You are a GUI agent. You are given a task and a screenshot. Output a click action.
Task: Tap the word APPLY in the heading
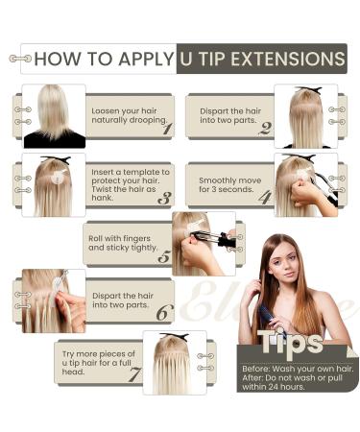146,59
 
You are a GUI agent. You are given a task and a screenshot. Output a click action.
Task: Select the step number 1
167,129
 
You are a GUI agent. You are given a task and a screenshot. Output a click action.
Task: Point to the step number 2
266,129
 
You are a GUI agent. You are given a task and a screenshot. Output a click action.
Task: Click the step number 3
164,199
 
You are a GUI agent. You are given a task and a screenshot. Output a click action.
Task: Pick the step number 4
265,197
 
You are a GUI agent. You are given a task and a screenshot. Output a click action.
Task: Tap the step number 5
164,257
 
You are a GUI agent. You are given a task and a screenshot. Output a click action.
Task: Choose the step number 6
164,313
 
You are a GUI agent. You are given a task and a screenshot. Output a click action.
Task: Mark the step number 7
134,374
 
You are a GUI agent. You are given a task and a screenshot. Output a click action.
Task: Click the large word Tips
290,342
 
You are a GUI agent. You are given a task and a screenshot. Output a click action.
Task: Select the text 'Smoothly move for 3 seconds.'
229,185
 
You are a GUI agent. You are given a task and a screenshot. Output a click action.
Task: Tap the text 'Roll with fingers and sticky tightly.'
123,243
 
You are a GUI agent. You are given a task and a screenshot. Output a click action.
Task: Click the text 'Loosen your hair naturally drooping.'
130,115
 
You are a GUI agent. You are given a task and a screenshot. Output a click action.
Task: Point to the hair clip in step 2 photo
309,90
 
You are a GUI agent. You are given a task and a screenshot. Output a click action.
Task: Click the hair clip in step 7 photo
175,337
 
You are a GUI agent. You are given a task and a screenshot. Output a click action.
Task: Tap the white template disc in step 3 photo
59,176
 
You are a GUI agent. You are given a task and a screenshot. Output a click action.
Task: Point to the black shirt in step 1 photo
55,140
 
